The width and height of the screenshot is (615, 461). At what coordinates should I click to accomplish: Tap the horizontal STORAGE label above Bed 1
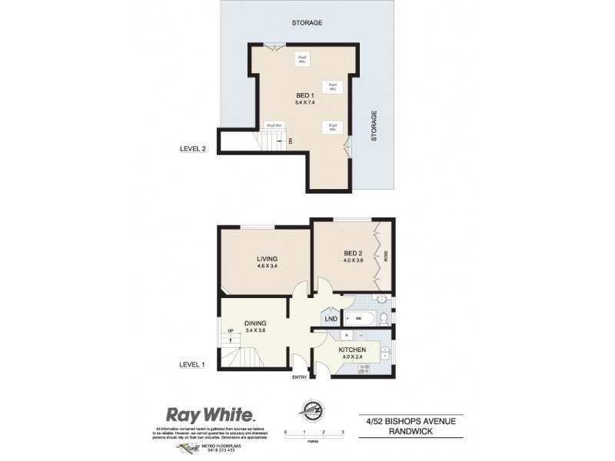307,23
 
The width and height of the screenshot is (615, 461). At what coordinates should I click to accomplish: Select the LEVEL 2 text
194,150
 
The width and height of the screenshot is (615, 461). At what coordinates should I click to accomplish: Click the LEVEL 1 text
193,364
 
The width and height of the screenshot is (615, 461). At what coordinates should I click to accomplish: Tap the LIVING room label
267,259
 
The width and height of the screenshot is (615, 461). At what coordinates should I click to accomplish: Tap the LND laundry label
331,318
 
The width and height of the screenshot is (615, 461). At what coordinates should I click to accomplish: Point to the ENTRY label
300,377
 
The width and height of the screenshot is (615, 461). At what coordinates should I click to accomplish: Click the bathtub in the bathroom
359,318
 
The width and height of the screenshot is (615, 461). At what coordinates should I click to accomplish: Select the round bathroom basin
382,300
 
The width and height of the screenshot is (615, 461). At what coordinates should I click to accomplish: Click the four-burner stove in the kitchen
364,368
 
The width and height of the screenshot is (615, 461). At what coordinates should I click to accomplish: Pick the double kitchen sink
384,352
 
